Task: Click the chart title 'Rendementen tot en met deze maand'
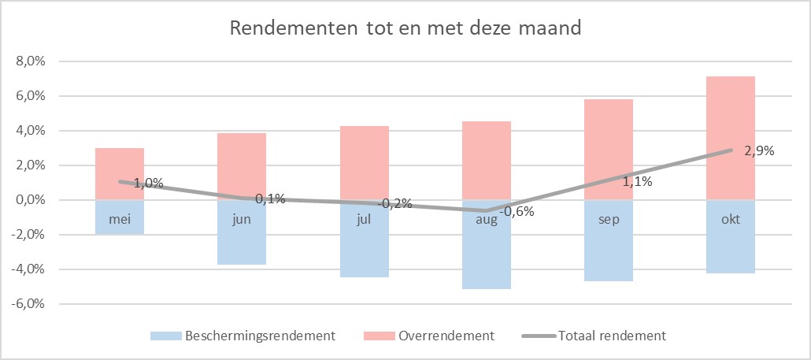405,29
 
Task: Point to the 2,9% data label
758,150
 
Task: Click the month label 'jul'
365,220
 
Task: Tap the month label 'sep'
609,220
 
